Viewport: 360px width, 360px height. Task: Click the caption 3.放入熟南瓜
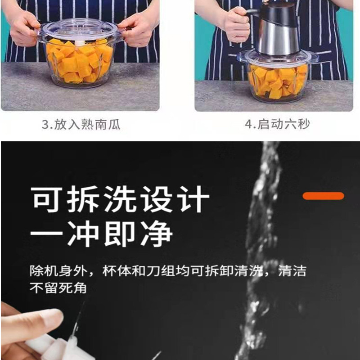click(x=81, y=124)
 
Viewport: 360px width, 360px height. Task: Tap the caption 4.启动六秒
click(x=277, y=124)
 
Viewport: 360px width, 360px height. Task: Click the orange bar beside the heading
click(x=323, y=196)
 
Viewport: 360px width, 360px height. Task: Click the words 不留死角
click(x=58, y=288)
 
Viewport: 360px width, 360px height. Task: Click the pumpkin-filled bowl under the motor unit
click(x=277, y=79)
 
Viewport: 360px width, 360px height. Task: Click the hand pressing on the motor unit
click(x=236, y=22)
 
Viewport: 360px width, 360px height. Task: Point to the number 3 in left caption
click(x=45, y=125)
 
